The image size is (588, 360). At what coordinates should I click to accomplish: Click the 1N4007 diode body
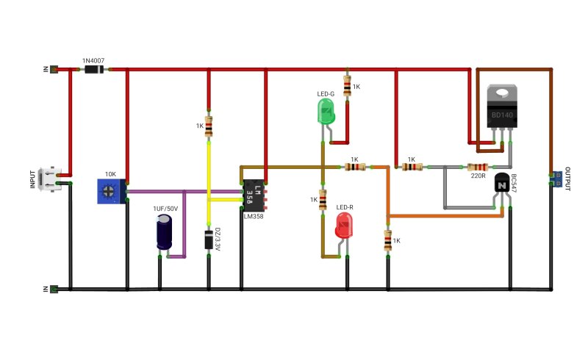(94, 69)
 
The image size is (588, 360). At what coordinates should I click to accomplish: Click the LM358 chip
(254, 196)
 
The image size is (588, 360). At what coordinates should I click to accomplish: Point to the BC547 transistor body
(502, 183)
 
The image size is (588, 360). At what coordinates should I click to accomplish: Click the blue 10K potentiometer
(112, 191)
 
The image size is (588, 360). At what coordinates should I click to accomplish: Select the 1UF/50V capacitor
(164, 232)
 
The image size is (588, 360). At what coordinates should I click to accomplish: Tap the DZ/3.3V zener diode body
(209, 240)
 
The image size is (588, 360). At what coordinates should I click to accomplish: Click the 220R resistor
(478, 168)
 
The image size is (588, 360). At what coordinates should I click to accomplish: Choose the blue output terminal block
(557, 179)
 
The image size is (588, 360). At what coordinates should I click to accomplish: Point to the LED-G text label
(326, 94)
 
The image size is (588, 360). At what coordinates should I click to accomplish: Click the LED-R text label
(345, 207)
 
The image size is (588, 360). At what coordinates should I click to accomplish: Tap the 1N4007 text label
(93, 61)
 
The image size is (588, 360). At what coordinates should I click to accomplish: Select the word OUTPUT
(567, 179)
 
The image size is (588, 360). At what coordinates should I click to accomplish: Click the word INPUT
(32, 179)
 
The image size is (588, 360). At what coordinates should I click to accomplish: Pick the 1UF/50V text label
(165, 209)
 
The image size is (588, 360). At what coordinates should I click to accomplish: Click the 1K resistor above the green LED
(347, 86)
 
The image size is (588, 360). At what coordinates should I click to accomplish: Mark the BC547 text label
(513, 184)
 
